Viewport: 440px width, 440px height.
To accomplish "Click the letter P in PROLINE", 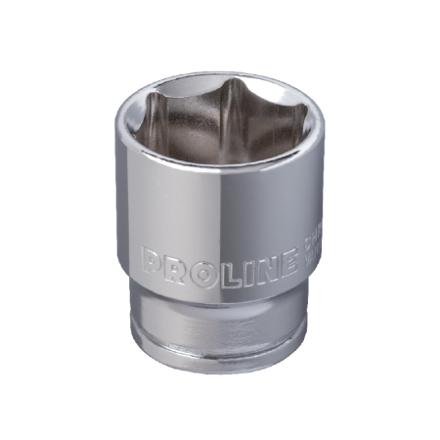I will (x=153, y=261).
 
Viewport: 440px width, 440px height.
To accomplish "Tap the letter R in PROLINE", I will (x=173, y=262).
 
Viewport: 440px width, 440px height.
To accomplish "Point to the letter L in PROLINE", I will (x=213, y=264).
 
